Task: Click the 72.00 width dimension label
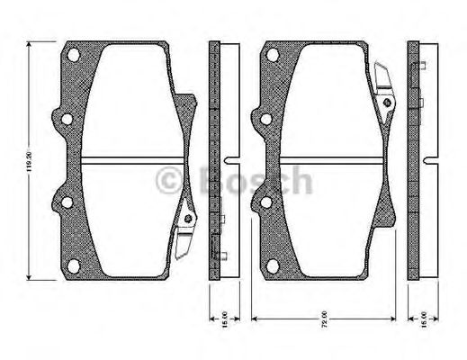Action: pos(320,319)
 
